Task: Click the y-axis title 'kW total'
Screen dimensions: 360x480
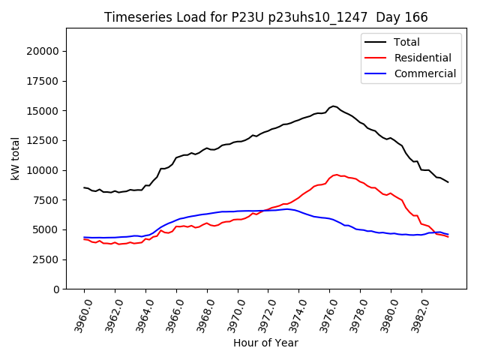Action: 16,158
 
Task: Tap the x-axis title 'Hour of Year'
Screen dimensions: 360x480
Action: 265,343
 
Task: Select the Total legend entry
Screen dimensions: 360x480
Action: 407,42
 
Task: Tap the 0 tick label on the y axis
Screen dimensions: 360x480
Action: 55,289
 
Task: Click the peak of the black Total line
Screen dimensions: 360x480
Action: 334,106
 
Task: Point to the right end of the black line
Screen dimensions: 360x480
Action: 448,182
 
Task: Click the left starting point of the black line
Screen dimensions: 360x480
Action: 84,187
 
